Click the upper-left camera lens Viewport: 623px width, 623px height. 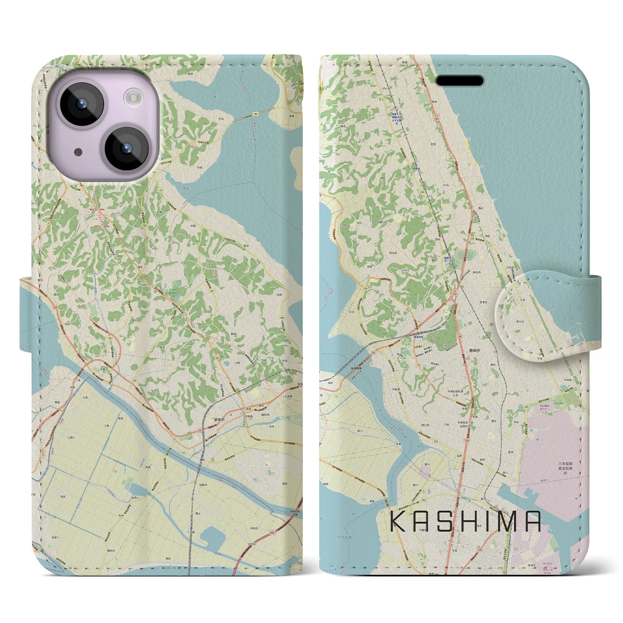click(x=80, y=104)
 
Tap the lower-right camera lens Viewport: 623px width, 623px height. click(x=126, y=148)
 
